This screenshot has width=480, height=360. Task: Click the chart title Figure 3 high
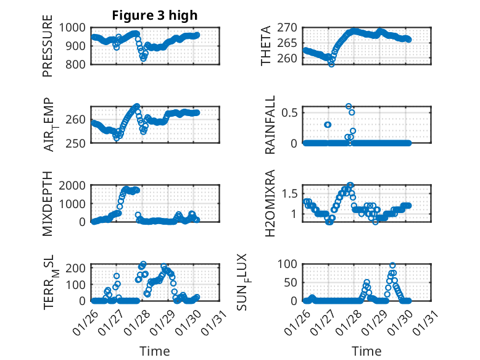click(154, 15)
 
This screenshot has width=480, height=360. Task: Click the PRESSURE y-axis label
click(48, 50)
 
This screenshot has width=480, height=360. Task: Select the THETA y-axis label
click(266, 46)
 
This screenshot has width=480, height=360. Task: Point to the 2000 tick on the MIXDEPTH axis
click(76, 185)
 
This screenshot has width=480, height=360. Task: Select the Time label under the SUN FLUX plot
click(366, 351)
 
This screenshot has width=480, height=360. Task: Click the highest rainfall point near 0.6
click(349, 106)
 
